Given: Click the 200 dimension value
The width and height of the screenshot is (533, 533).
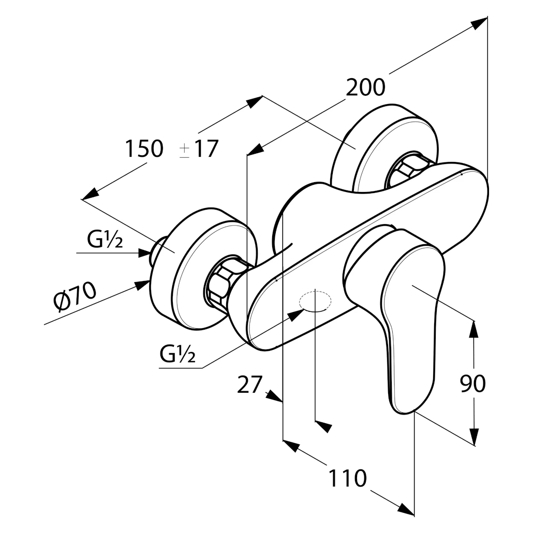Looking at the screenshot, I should coord(365,87).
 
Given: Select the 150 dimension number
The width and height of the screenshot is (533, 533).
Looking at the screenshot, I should coord(143,149).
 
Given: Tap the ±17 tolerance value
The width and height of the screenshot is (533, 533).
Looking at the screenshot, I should coord(199,149).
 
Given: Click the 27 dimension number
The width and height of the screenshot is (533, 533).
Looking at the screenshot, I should coord(249,385).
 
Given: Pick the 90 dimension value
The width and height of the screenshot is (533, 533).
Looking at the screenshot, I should coord(472,383).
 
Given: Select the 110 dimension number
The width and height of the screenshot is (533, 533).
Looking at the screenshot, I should coord(347,478).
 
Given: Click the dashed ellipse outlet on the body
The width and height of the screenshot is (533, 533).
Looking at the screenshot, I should coord(315,301).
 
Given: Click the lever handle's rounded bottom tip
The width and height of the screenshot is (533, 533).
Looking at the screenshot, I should coord(404,408).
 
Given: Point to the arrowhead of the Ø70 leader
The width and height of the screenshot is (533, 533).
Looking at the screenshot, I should coord(142,284).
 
